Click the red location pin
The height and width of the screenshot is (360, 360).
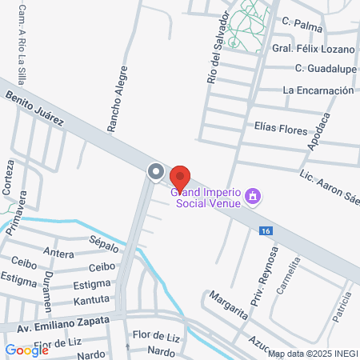(181, 177)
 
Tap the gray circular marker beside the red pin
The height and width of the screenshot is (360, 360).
(155, 171)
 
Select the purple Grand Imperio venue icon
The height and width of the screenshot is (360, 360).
(254, 196)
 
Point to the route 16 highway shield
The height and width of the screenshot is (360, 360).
(264, 230)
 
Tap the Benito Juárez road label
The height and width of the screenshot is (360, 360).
(40, 109)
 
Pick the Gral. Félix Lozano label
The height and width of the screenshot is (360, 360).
(314, 49)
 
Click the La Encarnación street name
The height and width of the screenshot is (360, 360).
(318, 90)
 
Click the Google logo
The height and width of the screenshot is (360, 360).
(26, 350)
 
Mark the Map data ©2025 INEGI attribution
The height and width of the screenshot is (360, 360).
(311, 353)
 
